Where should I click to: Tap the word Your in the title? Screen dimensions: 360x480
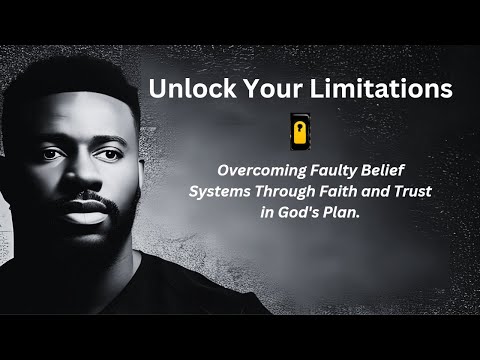259,89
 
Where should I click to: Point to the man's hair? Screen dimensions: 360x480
80,75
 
